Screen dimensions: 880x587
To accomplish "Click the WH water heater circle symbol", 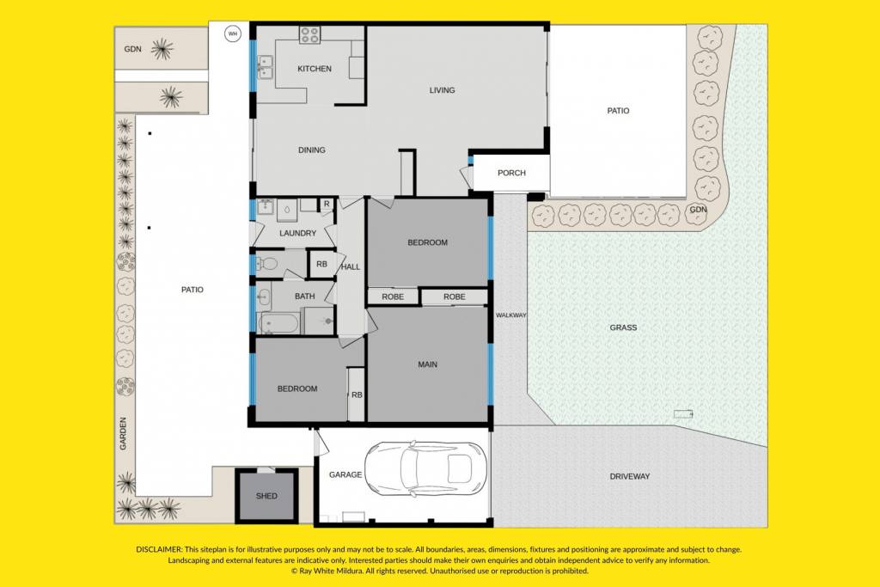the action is point(232,34).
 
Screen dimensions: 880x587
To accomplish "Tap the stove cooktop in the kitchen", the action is point(309,34).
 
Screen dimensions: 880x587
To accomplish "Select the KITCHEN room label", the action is point(315,69).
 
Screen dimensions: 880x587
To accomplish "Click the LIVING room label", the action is point(443,89).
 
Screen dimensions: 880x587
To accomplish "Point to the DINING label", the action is point(311,150).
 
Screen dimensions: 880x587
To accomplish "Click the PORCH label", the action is point(511,173).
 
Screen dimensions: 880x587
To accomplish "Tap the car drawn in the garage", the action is point(425,469).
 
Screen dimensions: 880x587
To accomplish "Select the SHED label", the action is point(266,496).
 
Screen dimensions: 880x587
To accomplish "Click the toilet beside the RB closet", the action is point(267,263).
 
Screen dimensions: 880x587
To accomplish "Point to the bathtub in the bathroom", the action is point(279,324).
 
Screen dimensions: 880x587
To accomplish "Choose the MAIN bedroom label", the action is point(428,364).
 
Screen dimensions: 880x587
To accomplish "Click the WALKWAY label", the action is point(510,315).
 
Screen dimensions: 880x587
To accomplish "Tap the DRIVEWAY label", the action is point(630,476).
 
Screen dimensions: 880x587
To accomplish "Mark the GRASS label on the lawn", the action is point(624,327).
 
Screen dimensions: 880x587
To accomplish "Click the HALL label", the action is point(351,266).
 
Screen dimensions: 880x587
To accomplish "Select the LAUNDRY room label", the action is point(298,233).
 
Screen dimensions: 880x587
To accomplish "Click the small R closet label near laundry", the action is point(327,205).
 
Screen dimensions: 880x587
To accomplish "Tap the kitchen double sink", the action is point(265,67).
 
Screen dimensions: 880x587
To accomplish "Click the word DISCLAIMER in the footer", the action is point(159,549).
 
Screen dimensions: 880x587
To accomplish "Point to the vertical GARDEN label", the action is point(123,433).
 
